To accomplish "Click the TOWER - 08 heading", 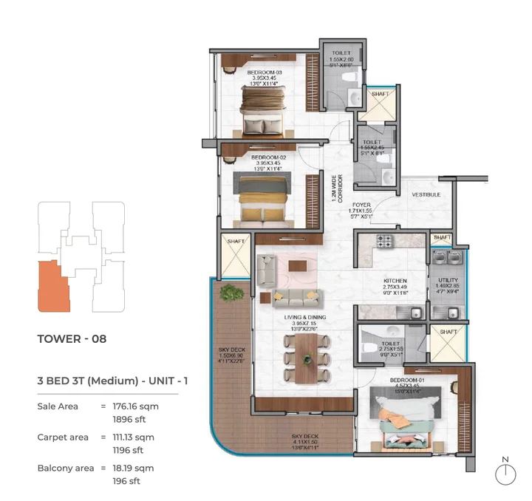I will coord(72,339).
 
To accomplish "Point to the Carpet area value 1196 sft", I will coord(127,449).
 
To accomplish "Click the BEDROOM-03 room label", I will coord(265,72).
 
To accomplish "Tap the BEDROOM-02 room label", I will coord(268,157).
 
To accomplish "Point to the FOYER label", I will coord(361,205).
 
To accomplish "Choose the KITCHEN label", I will coord(395,282).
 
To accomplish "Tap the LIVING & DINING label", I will coord(305,316).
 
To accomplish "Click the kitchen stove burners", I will coord(385,241).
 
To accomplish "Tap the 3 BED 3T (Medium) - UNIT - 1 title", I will coord(112,381).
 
